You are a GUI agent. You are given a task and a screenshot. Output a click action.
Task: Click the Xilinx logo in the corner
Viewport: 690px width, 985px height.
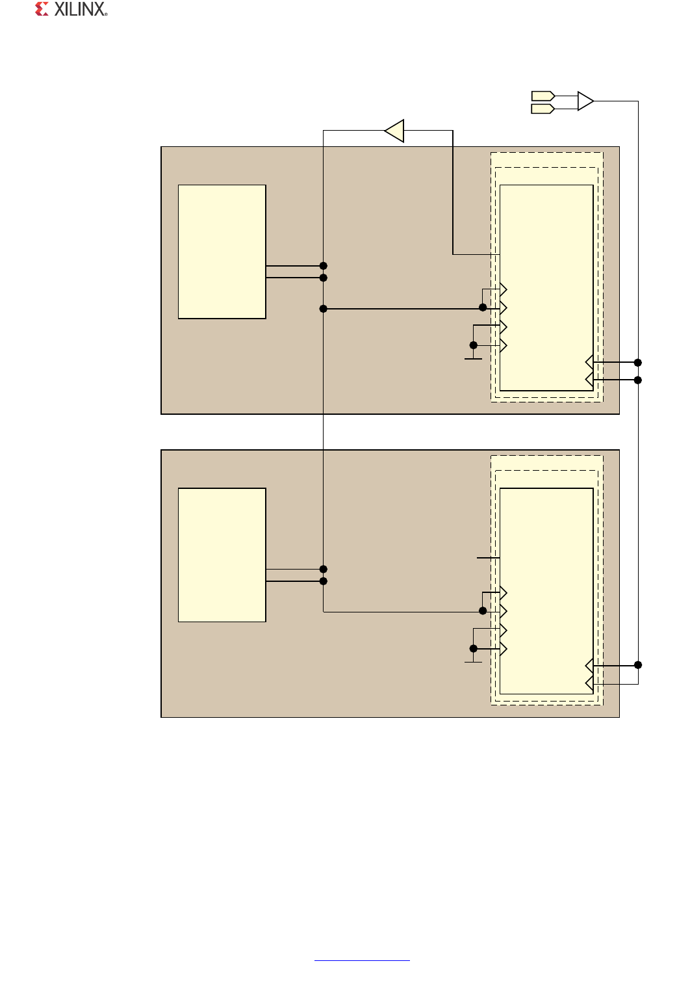[71, 9]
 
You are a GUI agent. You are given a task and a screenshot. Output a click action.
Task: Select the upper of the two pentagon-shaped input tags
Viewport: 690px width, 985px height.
[543, 96]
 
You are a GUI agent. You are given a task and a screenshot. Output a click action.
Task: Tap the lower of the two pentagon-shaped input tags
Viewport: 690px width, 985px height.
[543, 109]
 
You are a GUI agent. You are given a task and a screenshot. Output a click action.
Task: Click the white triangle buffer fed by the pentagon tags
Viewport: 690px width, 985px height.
[585, 101]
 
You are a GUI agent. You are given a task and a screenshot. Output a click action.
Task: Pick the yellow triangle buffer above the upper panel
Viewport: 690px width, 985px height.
[395, 131]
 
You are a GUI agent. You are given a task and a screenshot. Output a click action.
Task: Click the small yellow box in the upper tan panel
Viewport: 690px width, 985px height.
[222, 252]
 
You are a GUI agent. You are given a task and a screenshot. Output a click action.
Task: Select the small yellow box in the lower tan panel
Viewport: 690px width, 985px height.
[222, 555]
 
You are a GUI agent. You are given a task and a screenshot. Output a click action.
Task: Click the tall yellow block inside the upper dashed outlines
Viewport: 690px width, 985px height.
[546, 287]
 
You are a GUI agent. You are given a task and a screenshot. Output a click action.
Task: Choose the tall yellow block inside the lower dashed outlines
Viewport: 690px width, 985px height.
[546, 590]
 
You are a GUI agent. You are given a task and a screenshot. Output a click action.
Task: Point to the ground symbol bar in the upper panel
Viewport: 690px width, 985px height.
[473, 358]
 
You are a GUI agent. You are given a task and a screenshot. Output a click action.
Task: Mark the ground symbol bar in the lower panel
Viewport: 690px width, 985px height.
[473, 662]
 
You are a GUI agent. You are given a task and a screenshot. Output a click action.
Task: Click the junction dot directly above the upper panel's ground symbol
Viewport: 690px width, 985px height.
[473, 345]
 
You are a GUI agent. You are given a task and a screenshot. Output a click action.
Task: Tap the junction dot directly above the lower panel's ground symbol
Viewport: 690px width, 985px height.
[473, 648]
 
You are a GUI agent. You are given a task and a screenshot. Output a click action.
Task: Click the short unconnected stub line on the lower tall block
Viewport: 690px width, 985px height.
[488, 558]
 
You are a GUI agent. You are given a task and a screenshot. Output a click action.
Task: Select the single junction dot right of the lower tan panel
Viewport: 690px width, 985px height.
[638, 664]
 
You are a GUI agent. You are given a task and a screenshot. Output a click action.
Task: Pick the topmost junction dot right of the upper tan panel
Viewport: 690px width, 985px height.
[638, 362]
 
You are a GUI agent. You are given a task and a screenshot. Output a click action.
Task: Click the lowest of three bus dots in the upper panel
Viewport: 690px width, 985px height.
[324, 308]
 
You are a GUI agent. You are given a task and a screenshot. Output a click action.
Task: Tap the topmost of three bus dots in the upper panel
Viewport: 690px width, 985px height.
[324, 265]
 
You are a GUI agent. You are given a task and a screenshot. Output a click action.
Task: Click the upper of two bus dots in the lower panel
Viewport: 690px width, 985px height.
[324, 569]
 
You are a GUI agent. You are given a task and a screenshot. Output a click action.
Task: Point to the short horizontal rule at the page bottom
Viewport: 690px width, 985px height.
[362, 960]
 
